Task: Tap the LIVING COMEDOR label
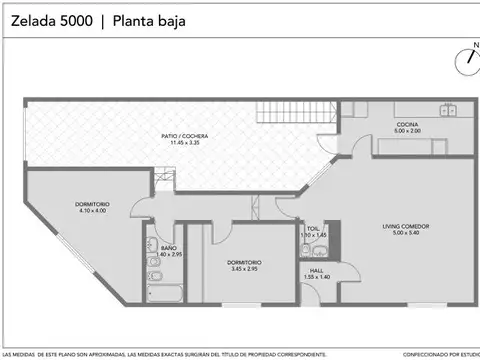[x=404, y=227]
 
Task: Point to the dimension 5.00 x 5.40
[x=404, y=234]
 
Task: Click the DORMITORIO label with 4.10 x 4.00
[x=91, y=204]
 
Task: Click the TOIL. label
[x=313, y=228]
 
